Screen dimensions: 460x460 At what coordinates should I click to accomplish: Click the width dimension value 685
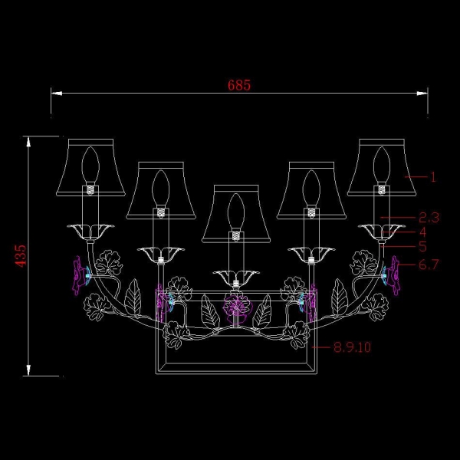239,85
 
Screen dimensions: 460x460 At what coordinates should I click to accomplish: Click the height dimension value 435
21,256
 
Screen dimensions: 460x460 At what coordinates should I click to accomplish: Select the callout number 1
433,177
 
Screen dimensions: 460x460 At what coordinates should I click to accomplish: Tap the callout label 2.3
429,218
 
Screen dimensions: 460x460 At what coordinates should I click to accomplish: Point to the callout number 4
422,232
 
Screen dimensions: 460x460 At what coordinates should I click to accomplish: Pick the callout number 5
422,246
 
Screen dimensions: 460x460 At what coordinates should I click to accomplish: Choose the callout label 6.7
429,264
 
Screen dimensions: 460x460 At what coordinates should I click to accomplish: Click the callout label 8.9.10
353,347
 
